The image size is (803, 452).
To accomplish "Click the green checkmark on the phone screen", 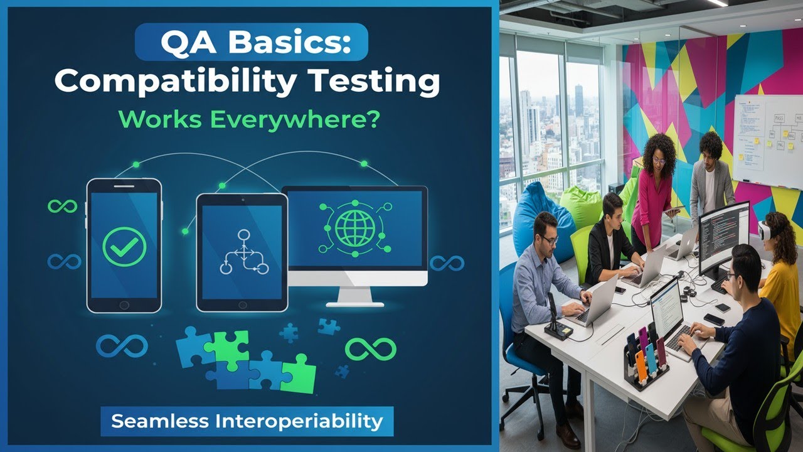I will point(124,247).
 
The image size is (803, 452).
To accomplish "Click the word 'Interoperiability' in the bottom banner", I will point(298,421).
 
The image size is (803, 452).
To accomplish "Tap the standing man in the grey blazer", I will point(712,182).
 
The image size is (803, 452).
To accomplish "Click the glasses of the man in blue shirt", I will point(548,239).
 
